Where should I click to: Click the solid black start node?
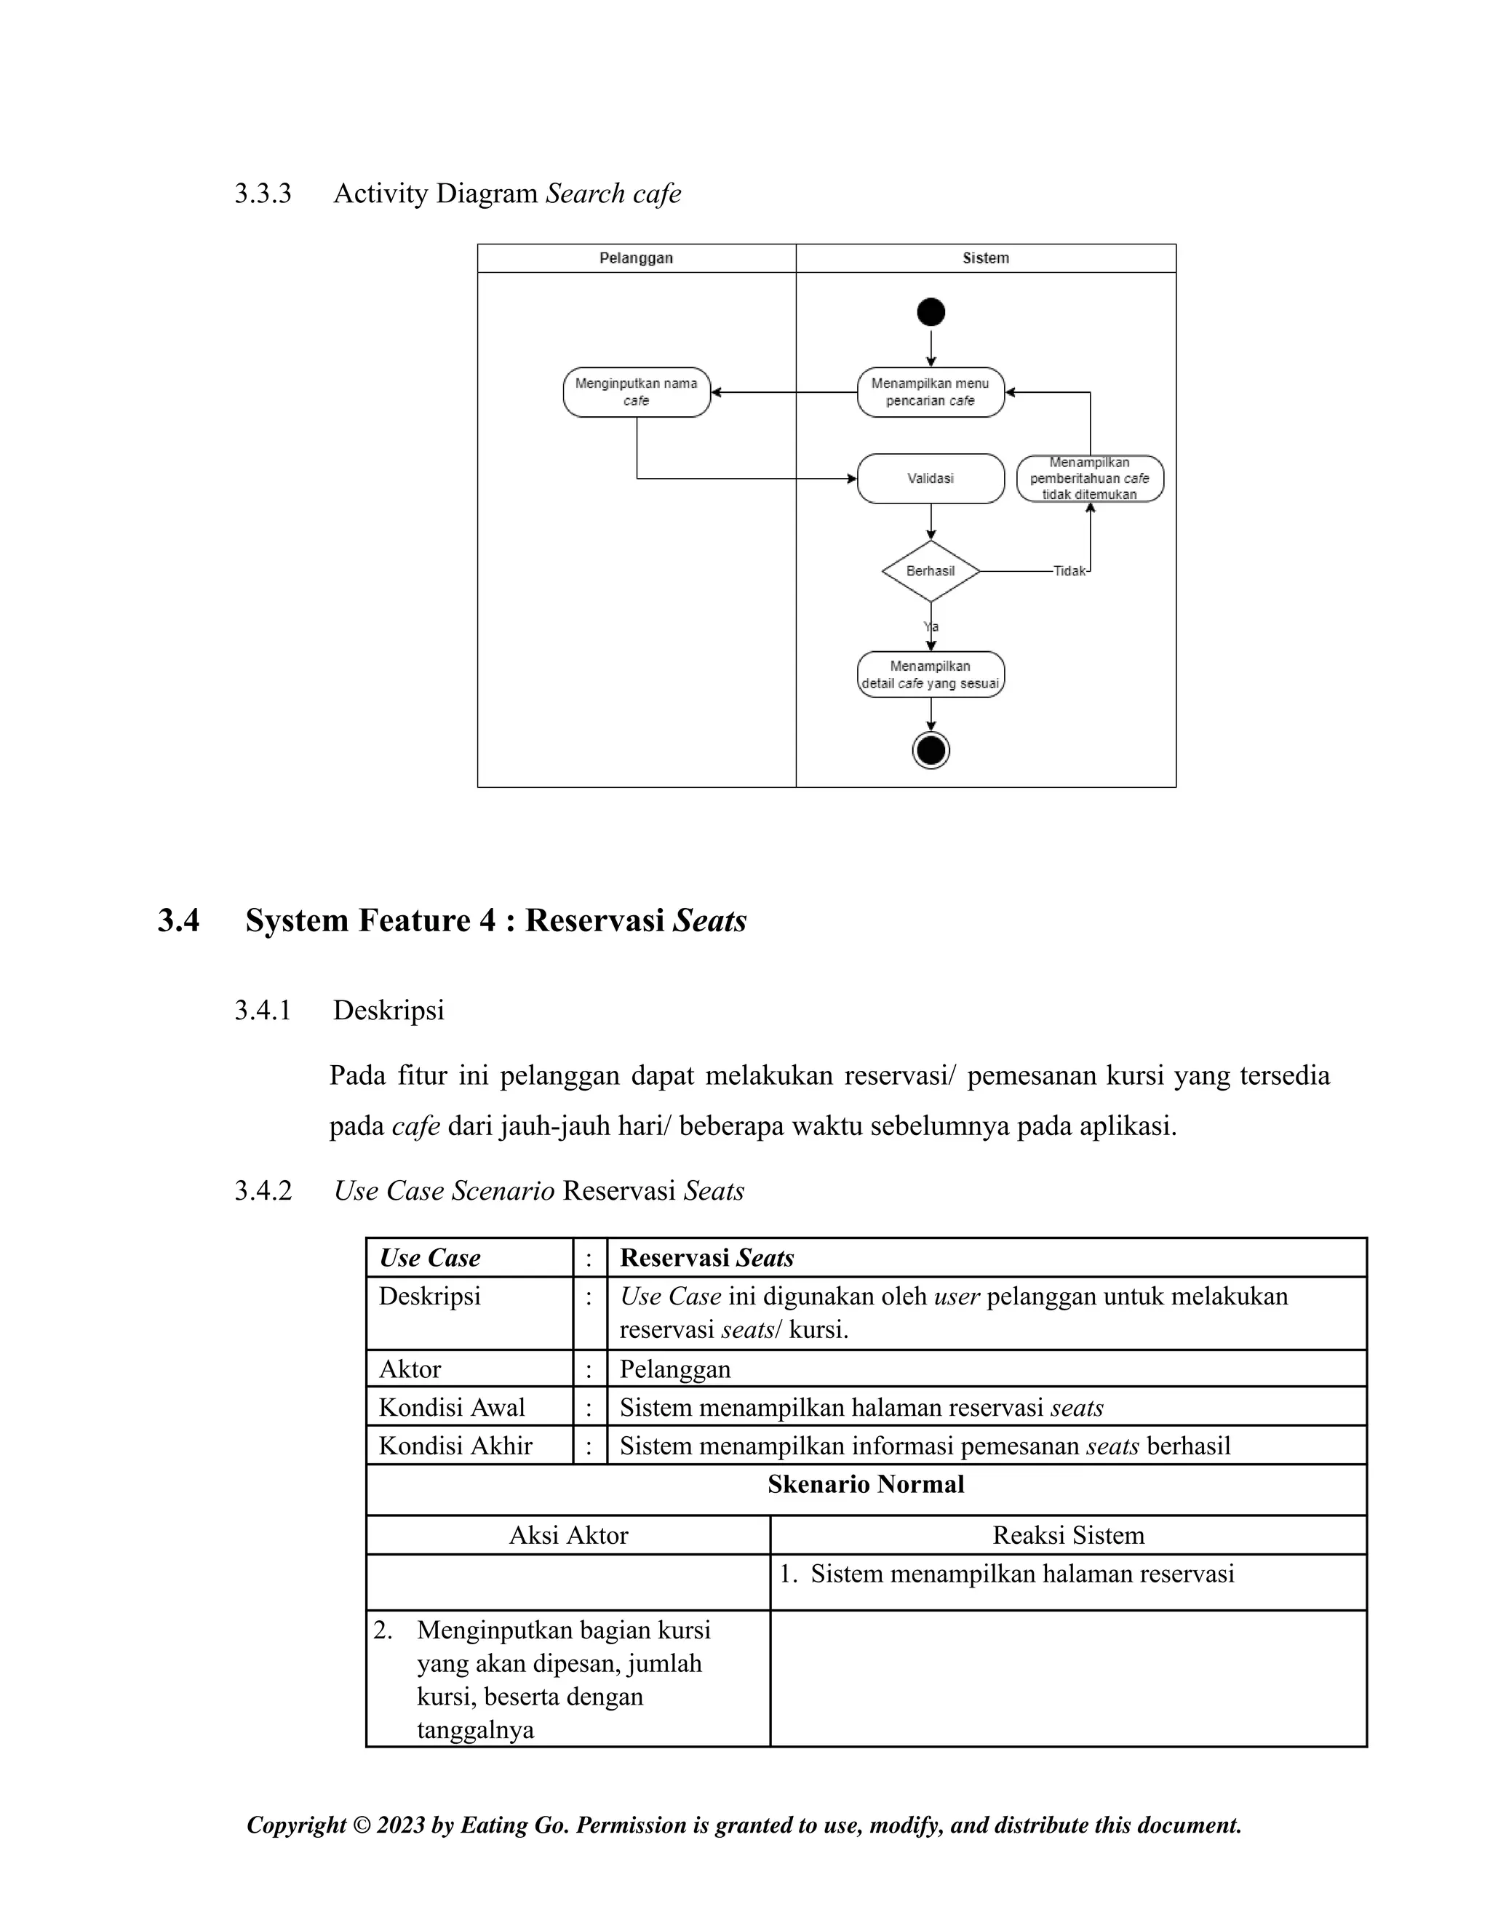(931, 311)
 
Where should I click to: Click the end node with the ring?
(931, 750)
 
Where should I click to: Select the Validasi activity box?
(931, 479)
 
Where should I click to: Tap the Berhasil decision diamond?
(931, 571)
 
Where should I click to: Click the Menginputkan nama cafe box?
(637, 392)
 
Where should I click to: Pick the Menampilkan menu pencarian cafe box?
(931, 392)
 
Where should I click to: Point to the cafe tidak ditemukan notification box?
(1089, 479)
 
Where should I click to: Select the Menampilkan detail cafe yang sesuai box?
(931, 674)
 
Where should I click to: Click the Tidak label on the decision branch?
(1069, 571)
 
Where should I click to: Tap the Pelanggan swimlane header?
(637, 258)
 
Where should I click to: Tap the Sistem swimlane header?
(985, 258)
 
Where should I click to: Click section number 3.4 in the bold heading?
(178, 921)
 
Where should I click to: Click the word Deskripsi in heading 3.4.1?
(389, 1010)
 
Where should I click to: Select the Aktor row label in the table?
(410, 1369)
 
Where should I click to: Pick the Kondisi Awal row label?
(451, 1407)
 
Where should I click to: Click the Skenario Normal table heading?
(865, 1484)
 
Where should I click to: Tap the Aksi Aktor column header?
(568, 1535)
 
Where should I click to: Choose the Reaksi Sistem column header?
(1068, 1535)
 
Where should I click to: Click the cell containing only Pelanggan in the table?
(675, 1369)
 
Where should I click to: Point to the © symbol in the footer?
(361, 1825)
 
